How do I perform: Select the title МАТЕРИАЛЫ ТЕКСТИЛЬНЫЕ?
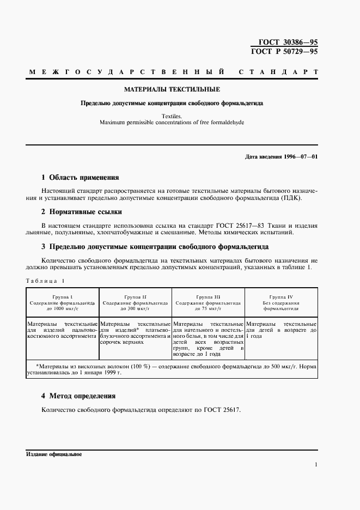[172, 89]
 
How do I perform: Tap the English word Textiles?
[172, 116]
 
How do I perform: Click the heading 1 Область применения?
[80, 177]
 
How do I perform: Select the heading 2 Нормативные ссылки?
[82, 211]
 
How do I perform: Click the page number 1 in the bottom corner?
[316, 464]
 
